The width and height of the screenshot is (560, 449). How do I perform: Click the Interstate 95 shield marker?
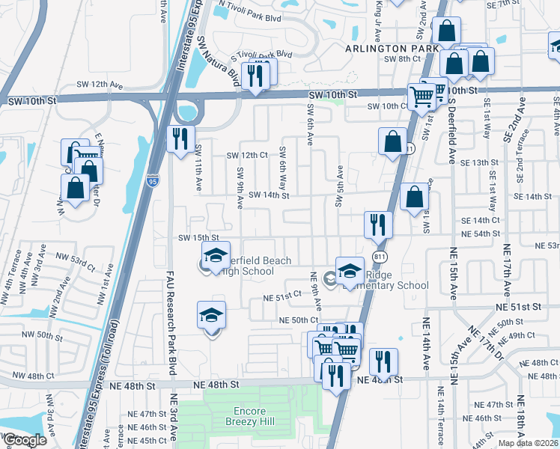pyautogui.click(x=152, y=181)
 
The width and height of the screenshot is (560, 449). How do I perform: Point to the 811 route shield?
pyautogui.click(x=380, y=256)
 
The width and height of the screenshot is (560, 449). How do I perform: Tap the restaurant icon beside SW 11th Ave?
pyautogui.click(x=180, y=139)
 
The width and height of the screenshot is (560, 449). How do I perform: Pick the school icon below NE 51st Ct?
pyautogui.click(x=211, y=315)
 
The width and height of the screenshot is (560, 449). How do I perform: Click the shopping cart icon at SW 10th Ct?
pyautogui.click(x=421, y=96)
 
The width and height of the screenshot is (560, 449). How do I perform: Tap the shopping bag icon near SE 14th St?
pyautogui.click(x=414, y=197)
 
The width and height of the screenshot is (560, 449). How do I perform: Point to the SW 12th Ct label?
pyautogui.click(x=247, y=155)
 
